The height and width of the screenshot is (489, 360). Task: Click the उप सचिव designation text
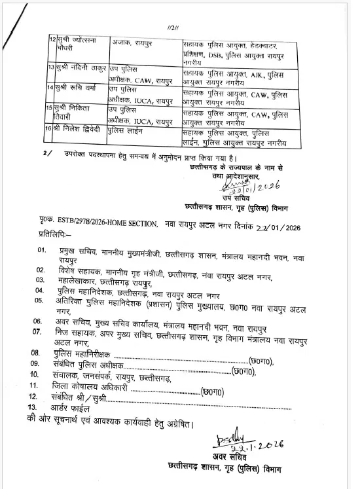tap(231, 198)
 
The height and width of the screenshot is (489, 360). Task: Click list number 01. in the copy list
tap(42, 250)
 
